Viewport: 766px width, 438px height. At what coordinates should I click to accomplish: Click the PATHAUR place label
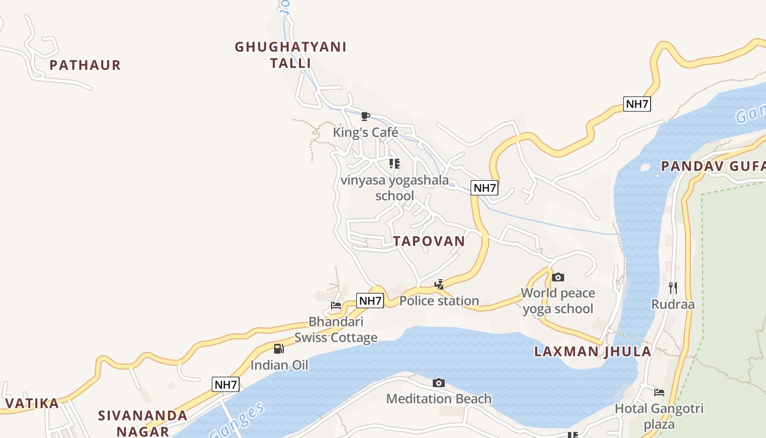pos(85,65)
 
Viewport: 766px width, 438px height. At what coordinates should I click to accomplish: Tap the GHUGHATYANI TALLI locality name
pos(291,55)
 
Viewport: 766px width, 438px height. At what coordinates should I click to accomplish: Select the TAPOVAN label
pos(429,241)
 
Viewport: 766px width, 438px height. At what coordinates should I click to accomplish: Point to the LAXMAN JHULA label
pos(593,351)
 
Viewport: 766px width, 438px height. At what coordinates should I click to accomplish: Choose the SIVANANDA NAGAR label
pos(143,423)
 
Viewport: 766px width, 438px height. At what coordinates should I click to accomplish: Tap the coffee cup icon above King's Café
pos(365,116)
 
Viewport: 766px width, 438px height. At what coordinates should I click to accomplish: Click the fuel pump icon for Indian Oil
pos(279,349)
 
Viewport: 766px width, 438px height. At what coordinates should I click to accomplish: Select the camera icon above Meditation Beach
pos(439,383)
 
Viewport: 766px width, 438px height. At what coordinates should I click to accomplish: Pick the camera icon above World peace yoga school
pos(558,277)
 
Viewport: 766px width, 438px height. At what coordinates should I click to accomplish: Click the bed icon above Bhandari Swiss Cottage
pos(336,306)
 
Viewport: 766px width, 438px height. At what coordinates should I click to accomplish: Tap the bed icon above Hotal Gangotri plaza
pos(659,392)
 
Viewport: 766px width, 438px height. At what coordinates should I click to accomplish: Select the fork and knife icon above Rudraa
pos(673,287)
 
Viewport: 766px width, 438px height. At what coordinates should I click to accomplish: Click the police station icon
pos(439,284)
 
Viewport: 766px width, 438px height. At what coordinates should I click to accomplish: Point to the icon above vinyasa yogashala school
pos(394,163)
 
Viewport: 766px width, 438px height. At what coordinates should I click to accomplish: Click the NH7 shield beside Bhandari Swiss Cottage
pos(370,301)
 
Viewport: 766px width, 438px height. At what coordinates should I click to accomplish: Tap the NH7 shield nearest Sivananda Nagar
pos(225,384)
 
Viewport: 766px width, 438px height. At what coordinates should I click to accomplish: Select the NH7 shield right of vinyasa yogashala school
pos(484,188)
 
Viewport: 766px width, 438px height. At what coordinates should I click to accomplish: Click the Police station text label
pos(439,301)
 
